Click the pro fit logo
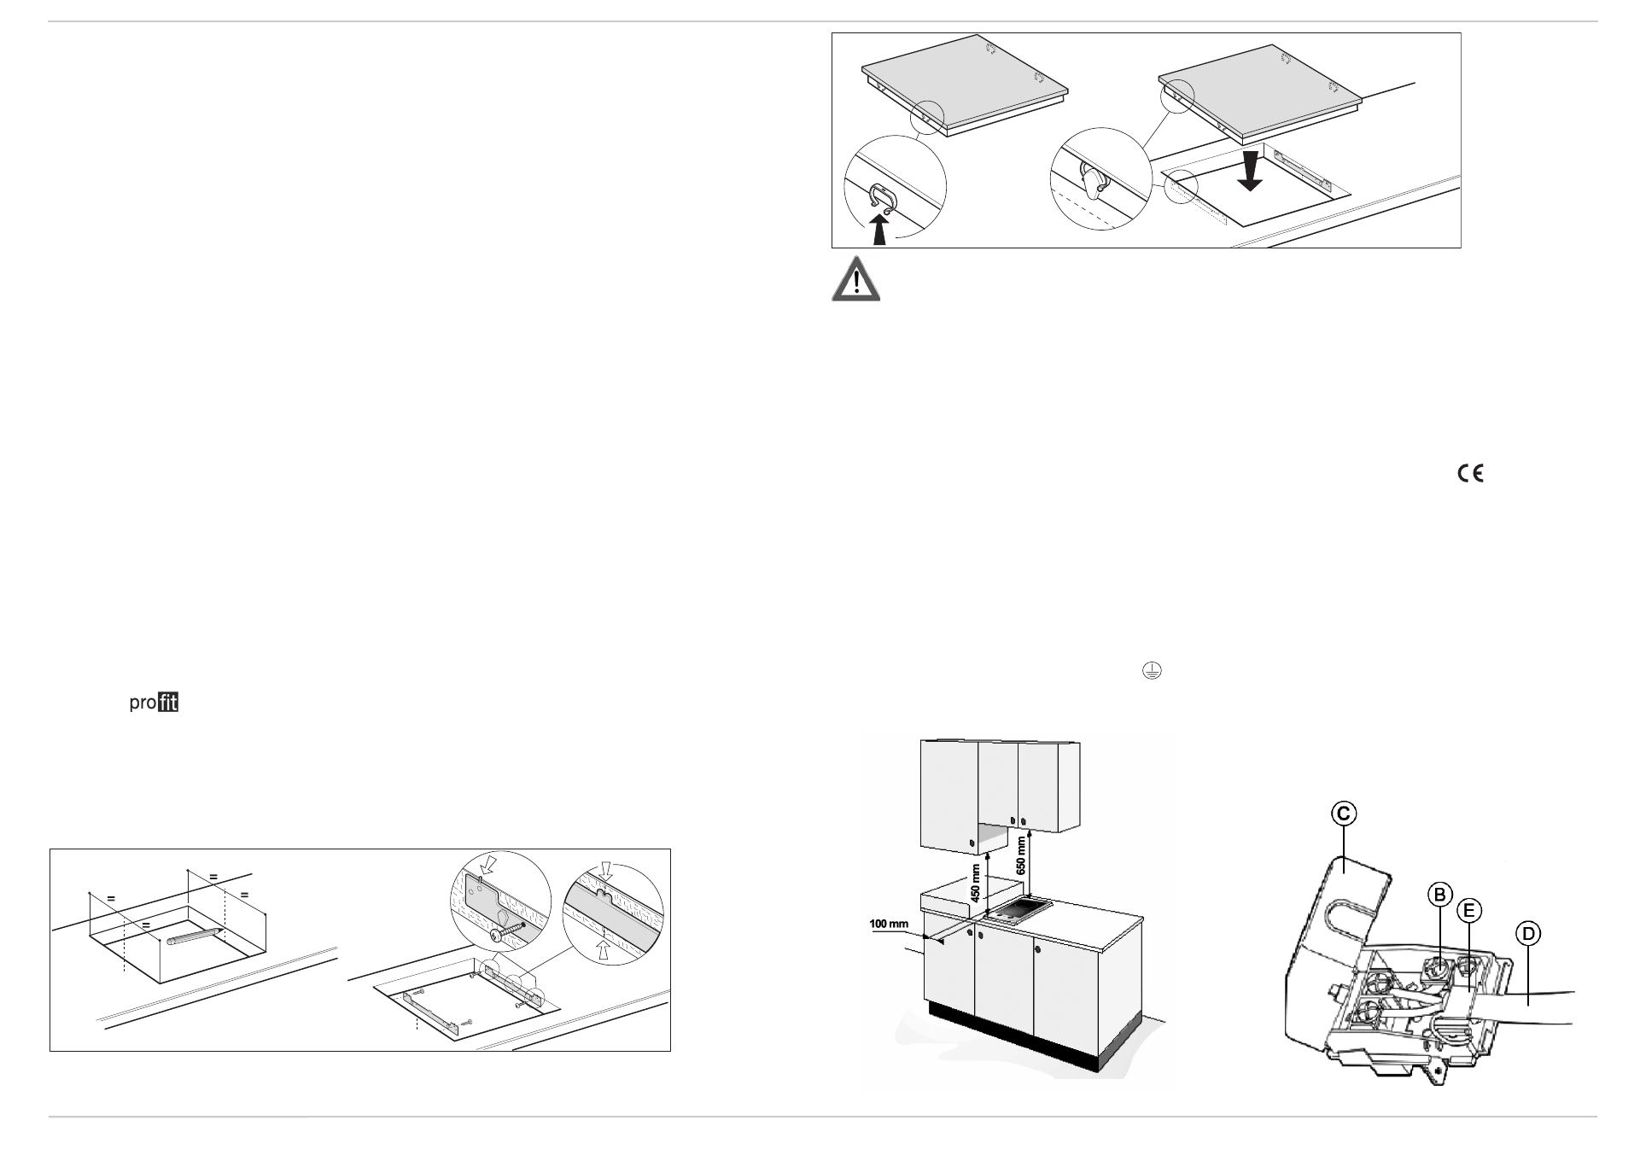point(154,704)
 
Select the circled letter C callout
point(1343,814)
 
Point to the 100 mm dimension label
point(889,924)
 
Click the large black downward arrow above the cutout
point(1250,172)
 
